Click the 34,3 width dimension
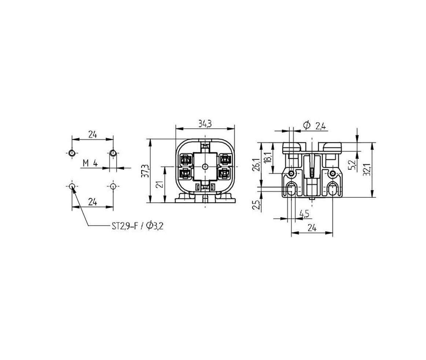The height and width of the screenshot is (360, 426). click(205, 124)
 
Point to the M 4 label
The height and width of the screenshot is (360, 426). click(90, 163)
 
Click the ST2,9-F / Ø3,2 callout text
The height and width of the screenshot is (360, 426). click(137, 226)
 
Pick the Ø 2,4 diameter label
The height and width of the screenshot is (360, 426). click(314, 126)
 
